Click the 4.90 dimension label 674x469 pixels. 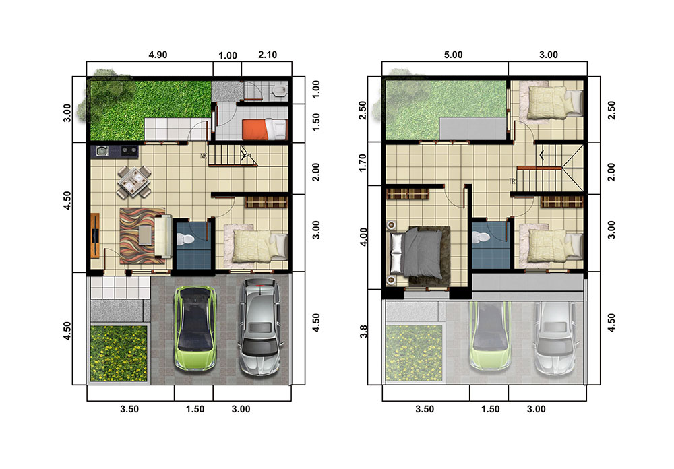158,55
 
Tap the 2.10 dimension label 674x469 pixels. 268,55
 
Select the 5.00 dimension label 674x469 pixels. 453,55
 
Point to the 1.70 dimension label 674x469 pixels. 363,163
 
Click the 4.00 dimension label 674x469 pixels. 363,237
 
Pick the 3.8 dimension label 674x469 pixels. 364,332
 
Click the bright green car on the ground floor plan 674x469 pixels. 195,328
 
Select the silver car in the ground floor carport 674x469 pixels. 260,326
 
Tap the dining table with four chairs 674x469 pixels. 134,182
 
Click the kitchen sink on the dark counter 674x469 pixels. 102,151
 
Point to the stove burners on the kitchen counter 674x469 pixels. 129,151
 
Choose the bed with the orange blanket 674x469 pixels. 264,129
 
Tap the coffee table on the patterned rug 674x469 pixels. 146,235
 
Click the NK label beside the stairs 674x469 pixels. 204,156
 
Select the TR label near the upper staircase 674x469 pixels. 512,181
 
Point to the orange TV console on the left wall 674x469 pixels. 95,236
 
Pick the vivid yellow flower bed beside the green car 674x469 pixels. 119,353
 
